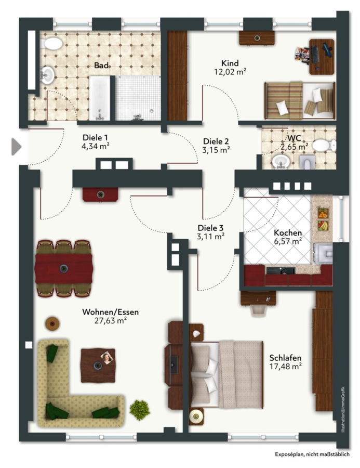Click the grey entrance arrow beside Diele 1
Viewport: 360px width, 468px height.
click(x=16, y=147)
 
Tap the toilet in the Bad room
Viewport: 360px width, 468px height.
click(x=51, y=44)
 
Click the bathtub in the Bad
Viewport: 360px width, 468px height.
click(x=100, y=98)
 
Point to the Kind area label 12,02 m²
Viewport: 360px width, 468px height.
click(x=230, y=72)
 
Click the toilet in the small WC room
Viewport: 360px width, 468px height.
click(x=324, y=146)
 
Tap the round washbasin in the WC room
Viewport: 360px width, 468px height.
click(x=281, y=162)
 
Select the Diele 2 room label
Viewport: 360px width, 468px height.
click(x=216, y=141)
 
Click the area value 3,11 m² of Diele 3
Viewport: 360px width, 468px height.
click(x=210, y=237)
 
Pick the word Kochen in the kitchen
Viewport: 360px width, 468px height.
click(x=288, y=232)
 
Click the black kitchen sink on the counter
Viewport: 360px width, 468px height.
click(x=281, y=271)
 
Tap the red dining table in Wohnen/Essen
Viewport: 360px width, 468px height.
click(x=63, y=269)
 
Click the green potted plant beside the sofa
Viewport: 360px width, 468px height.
click(x=140, y=410)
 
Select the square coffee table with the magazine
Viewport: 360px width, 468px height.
click(x=98, y=366)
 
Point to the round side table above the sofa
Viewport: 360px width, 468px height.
click(x=52, y=323)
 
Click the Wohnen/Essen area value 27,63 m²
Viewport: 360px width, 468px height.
click(x=110, y=320)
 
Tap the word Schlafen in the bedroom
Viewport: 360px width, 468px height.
click(x=285, y=358)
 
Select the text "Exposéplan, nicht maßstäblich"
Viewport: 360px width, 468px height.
click(x=312, y=454)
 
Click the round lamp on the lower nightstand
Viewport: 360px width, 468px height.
click(x=196, y=415)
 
